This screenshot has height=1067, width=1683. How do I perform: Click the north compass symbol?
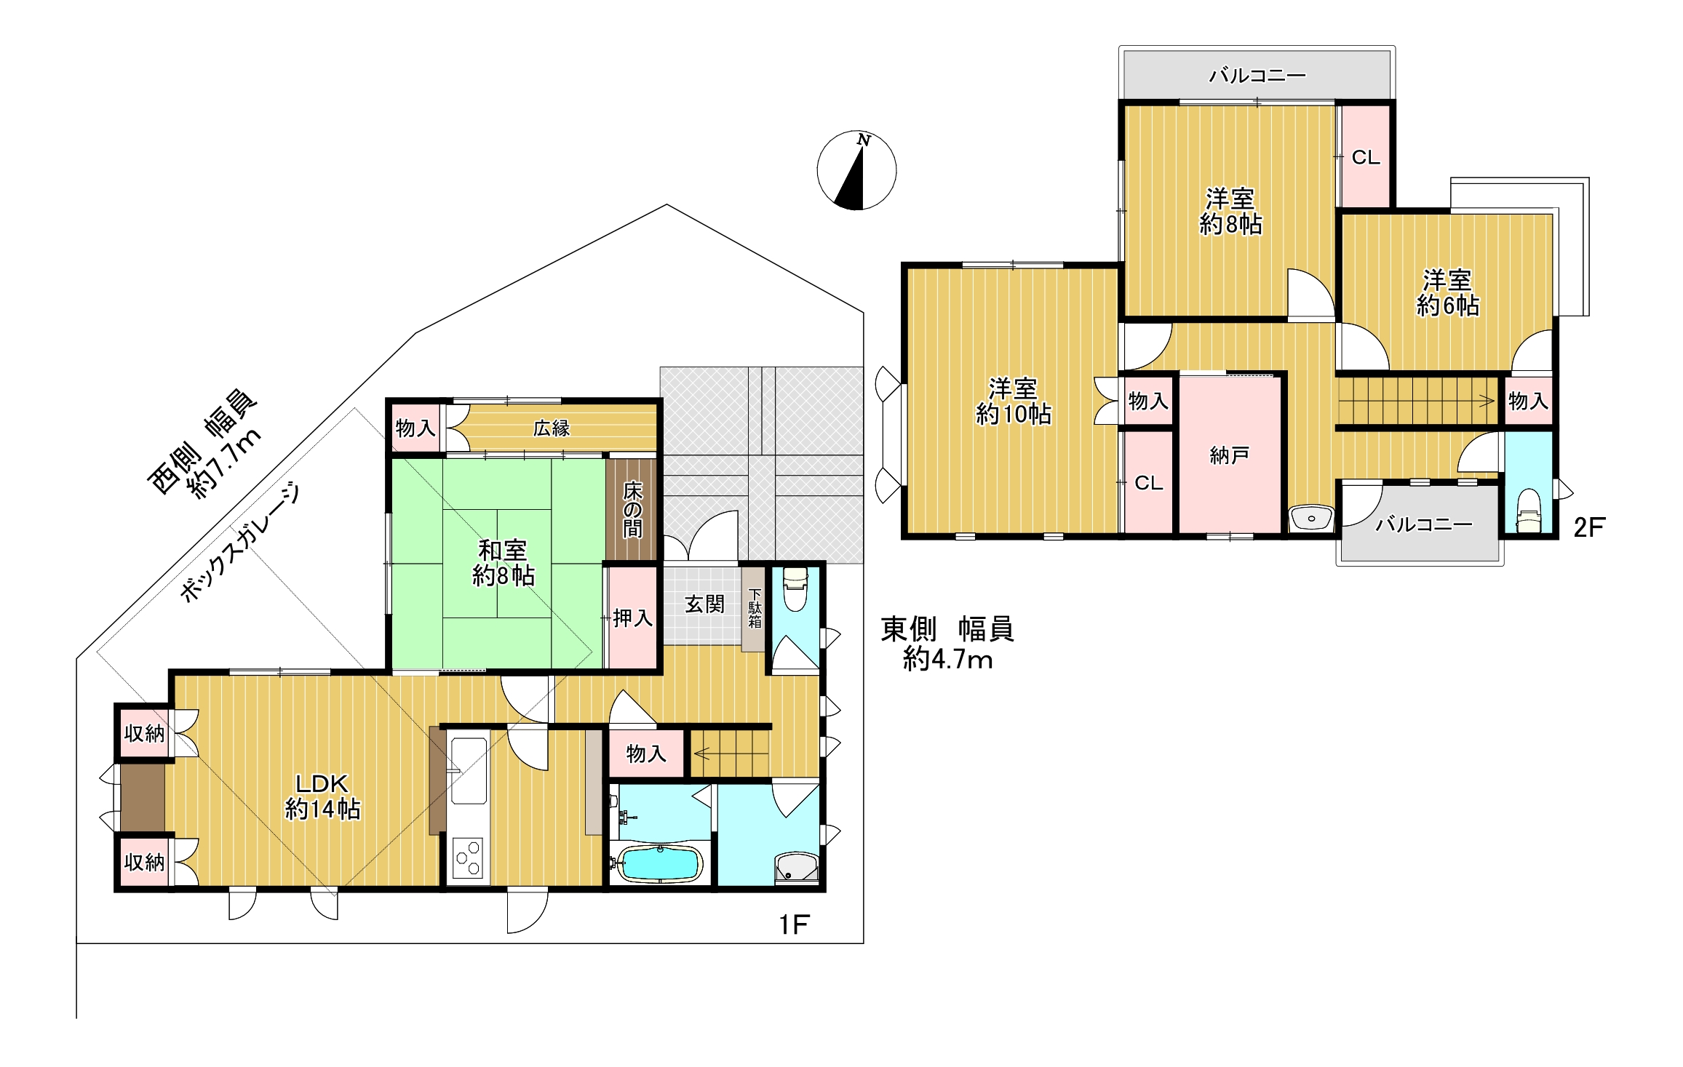point(856,171)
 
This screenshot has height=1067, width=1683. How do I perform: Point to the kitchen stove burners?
point(468,858)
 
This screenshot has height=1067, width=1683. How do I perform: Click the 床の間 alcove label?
point(632,509)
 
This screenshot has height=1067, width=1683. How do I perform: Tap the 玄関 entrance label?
point(704,604)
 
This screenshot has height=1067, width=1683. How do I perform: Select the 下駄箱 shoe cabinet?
point(755,609)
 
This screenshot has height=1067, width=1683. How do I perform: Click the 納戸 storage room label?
point(1230,455)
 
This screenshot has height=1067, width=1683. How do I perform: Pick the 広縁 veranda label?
point(551,428)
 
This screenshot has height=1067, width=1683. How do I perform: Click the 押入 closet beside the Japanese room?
point(632,618)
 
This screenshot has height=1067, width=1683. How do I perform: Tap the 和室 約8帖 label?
point(504,563)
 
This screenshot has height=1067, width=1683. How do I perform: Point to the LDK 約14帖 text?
point(322,796)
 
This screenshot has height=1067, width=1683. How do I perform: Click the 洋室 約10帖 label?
point(1013,401)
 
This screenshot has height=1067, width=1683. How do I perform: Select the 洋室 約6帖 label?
point(1448,292)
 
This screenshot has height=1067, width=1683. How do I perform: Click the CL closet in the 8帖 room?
point(1365,157)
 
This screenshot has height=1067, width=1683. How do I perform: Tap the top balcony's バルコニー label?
point(1257,75)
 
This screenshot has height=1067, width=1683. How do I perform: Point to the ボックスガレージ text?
point(240,543)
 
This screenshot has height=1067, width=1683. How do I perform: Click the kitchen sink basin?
point(469,770)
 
